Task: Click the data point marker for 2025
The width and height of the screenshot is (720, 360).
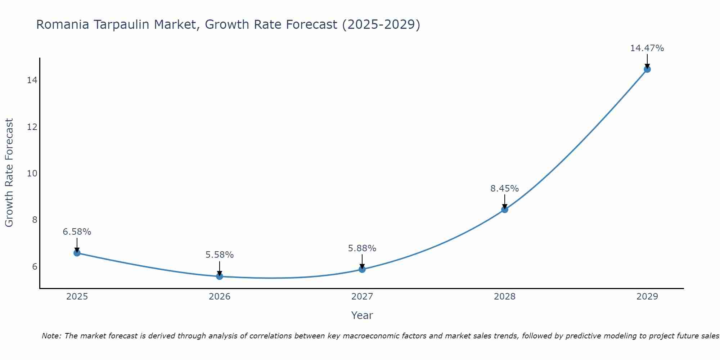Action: coord(77,253)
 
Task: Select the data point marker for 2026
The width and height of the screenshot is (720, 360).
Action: coord(220,276)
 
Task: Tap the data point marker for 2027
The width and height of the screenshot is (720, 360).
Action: coord(362,269)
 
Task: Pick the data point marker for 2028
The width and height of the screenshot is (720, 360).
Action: coord(505,210)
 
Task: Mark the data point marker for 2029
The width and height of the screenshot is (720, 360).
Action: coord(647,69)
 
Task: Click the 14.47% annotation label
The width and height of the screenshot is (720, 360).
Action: coord(647,48)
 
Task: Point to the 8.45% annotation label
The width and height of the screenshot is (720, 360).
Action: coord(505,189)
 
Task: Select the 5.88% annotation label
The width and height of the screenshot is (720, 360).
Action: coord(362,248)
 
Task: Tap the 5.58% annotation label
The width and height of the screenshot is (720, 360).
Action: coord(220,255)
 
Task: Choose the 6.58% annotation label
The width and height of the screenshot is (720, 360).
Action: coord(77,232)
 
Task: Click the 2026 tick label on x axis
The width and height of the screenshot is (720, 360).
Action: coord(220,297)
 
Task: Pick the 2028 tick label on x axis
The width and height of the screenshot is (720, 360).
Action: coord(505,297)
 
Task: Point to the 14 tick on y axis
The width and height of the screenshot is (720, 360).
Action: coord(32,80)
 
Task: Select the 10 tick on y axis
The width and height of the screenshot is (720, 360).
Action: coord(32,174)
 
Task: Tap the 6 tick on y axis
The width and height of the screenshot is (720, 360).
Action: coord(35,267)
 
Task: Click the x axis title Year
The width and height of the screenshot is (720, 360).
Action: coord(362,315)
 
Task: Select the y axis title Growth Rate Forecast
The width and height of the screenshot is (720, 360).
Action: coord(9,173)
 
